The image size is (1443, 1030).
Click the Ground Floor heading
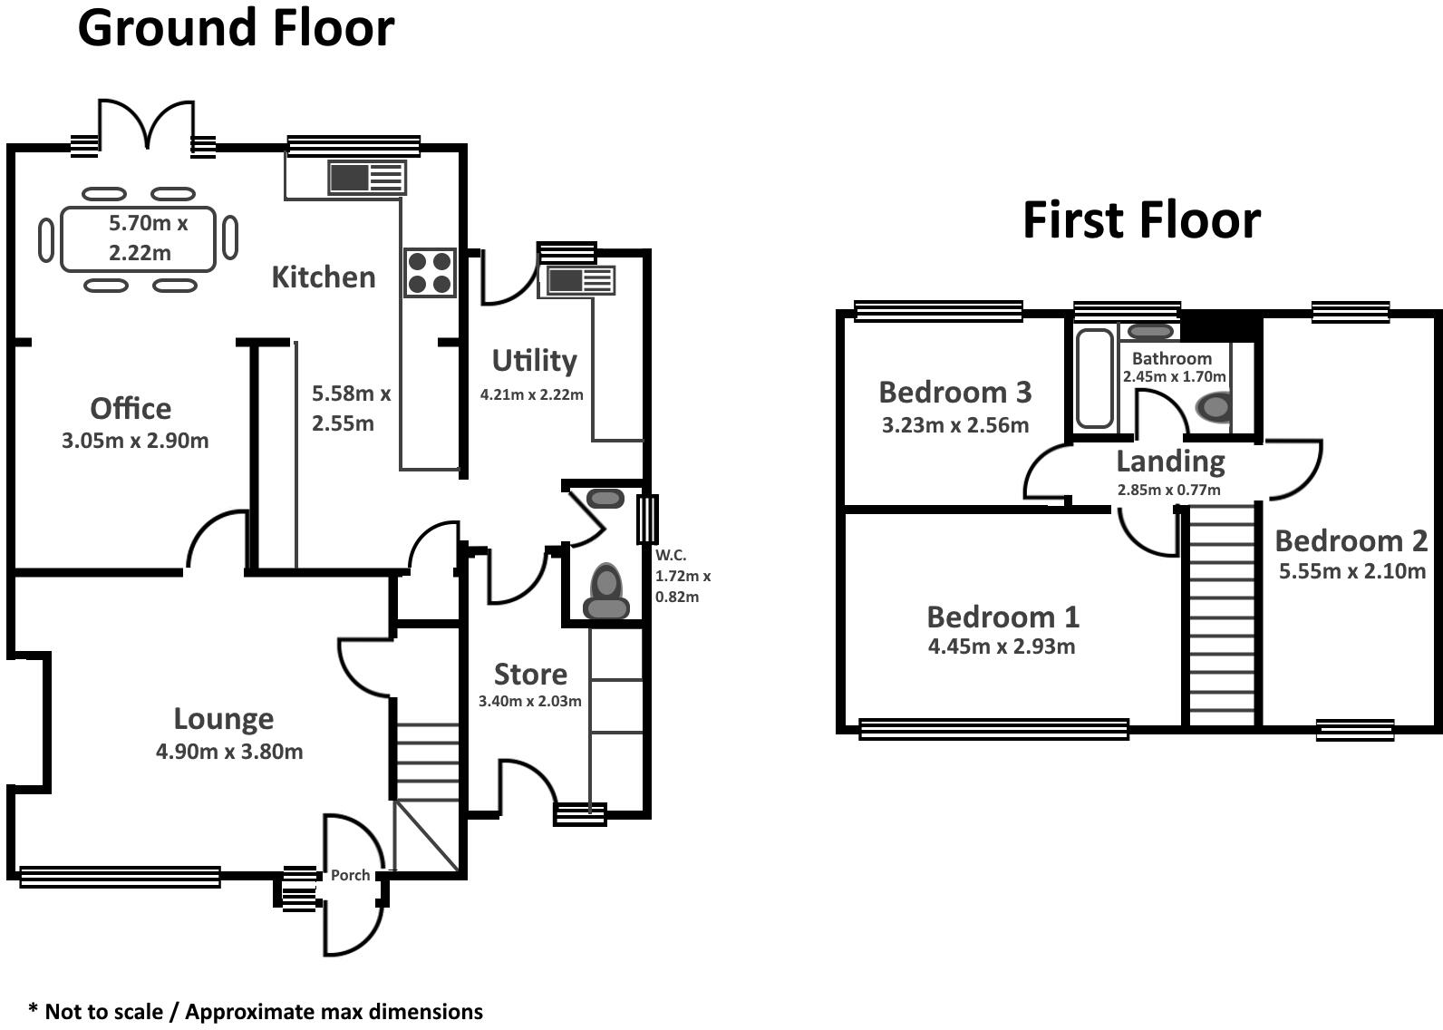236,28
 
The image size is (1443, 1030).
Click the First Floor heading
1141,220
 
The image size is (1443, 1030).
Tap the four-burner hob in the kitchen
430,272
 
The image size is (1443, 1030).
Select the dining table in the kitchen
139,239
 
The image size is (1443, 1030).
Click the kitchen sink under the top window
366,178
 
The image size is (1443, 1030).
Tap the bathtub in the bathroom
1094,378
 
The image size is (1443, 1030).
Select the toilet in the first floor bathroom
1214,407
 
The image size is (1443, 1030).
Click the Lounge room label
223,719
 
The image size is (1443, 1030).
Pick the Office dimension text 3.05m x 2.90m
135,442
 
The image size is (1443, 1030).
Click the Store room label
530,675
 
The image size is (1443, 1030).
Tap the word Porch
350,875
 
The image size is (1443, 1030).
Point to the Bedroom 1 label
1002,617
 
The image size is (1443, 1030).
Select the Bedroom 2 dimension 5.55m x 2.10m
1351,571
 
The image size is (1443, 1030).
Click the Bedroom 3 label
954,393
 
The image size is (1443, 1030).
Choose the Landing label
1169,462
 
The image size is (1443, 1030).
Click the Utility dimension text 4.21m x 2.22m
531,394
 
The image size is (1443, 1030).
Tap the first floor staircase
1220,617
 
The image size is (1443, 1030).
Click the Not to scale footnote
256,1011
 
